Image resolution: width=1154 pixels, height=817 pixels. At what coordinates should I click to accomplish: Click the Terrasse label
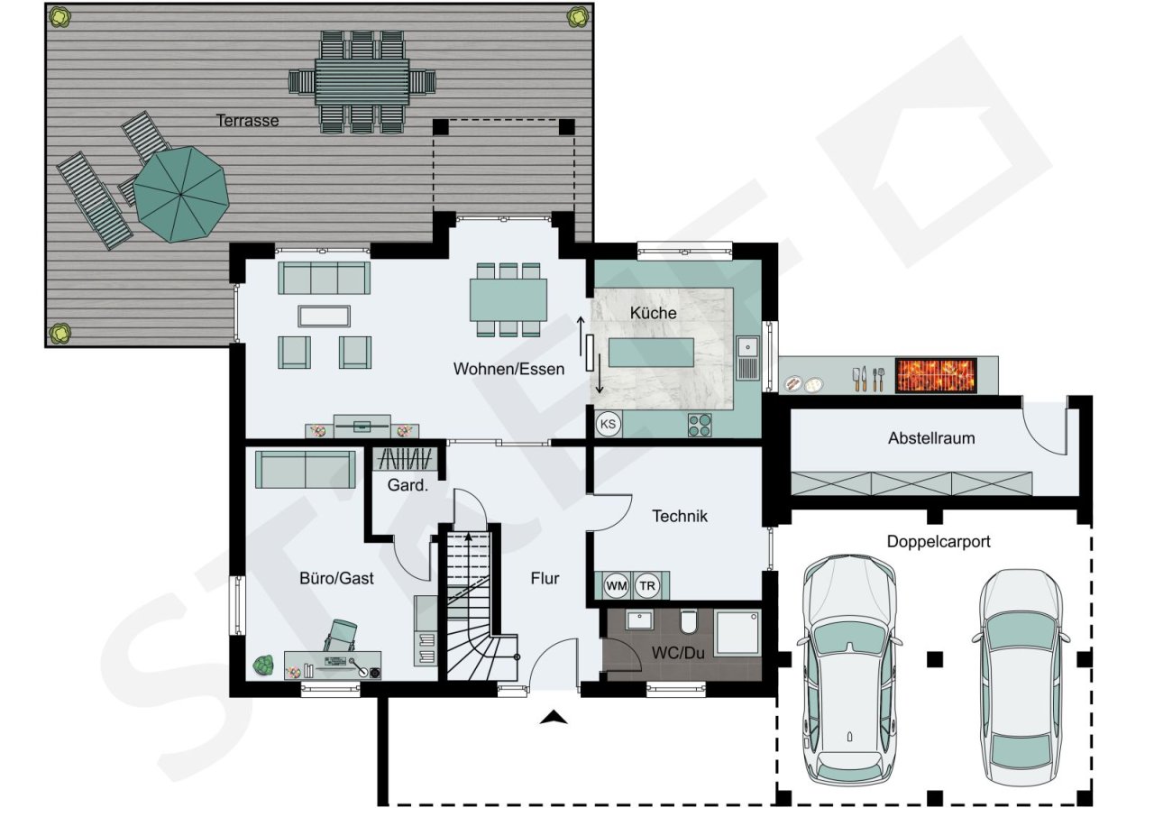(247, 121)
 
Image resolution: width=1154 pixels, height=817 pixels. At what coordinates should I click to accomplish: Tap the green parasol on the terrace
(181, 194)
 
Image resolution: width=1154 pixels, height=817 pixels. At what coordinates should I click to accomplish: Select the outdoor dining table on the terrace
(362, 82)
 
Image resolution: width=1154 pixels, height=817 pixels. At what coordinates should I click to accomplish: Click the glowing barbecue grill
(936, 375)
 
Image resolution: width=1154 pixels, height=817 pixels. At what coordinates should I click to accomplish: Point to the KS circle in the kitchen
(608, 424)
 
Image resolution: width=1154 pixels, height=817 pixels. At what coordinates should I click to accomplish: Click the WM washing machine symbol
(616, 586)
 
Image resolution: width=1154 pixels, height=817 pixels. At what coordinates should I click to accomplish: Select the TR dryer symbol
(647, 586)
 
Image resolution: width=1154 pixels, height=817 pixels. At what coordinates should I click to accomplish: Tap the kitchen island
(651, 353)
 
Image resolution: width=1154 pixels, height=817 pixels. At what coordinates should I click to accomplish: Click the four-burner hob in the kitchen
(700, 425)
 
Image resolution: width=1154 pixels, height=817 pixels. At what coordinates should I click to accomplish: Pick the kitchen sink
(748, 358)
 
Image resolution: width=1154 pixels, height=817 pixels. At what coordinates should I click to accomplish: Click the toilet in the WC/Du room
(689, 621)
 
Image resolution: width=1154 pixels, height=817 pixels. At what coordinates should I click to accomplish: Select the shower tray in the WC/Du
(737, 633)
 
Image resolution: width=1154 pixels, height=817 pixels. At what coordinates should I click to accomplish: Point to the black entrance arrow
(554, 717)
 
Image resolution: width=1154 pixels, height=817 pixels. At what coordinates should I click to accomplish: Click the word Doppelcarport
(939, 542)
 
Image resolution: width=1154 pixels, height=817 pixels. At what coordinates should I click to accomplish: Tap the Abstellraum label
(931, 438)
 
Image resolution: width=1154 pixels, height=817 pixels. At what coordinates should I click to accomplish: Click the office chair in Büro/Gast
(341, 636)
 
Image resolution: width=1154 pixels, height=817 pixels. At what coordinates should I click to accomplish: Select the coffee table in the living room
(324, 317)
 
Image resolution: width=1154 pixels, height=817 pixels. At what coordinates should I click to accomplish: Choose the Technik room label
(680, 516)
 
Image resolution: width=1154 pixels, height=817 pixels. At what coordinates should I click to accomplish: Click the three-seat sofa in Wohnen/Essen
(324, 278)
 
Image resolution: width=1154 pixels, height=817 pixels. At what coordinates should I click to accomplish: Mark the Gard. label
(408, 485)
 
